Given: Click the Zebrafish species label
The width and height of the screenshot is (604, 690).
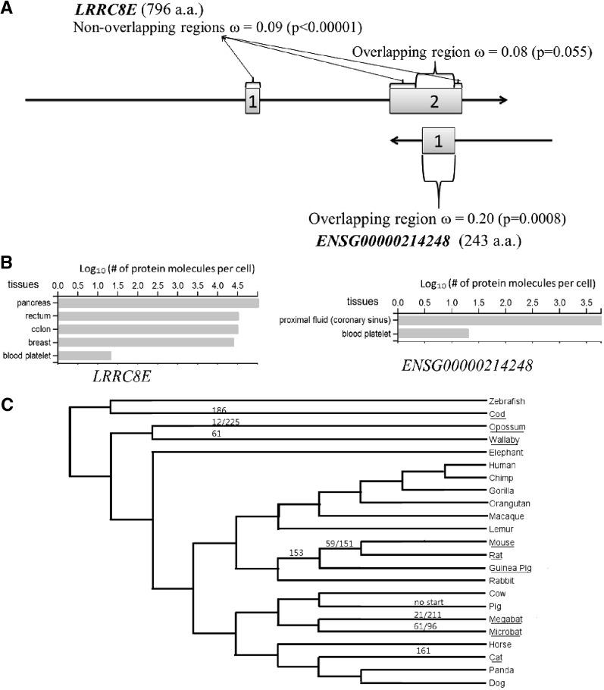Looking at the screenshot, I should tap(503, 401).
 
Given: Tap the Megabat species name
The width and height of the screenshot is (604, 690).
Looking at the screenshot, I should tap(503, 618).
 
